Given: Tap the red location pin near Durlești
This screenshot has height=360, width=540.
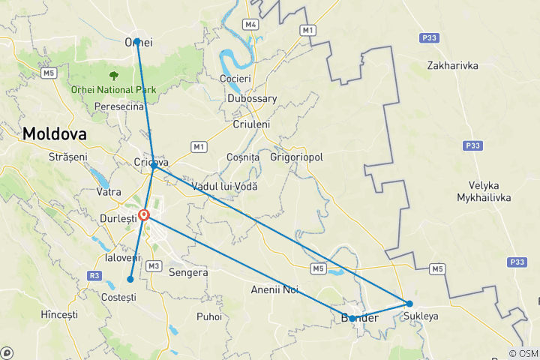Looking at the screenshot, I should (x=144, y=216).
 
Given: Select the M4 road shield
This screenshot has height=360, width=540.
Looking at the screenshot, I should (x=250, y=25).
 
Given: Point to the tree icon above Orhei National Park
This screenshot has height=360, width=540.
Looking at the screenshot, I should (x=113, y=76).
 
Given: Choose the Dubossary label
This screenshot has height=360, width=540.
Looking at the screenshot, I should (x=253, y=98).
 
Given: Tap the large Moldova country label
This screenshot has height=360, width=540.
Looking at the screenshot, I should (x=54, y=133).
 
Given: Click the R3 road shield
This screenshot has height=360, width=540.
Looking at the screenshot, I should (x=94, y=276).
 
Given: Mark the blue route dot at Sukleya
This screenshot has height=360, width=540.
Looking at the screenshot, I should (x=409, y=304).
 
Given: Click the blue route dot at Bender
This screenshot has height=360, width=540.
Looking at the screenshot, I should (x=352, y=318).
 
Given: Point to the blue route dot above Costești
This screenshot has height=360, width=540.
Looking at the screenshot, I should (x=130, y=279).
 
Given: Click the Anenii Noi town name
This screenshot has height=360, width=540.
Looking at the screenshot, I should (x=275, y=289).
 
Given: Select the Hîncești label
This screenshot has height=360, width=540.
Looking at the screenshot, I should (x=59, y=315).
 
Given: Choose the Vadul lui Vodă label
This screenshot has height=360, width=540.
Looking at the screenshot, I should (x=224, y=185).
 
